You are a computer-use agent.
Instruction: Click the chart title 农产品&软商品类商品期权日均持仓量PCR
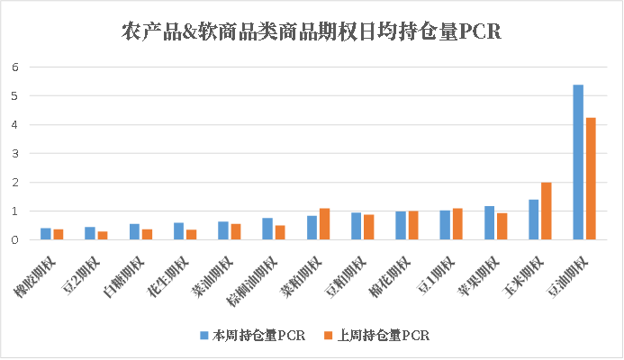311,33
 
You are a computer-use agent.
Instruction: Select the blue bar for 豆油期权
578,162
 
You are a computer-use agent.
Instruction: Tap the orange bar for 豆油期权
591,179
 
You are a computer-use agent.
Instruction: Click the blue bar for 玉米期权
533,220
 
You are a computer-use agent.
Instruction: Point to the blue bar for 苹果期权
489,223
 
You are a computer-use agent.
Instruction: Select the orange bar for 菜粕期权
324,224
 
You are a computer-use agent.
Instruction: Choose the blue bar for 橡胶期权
45,234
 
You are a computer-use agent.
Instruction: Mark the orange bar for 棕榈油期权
280,232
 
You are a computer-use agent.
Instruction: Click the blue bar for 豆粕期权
356,226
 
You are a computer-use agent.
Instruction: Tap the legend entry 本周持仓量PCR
251,336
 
